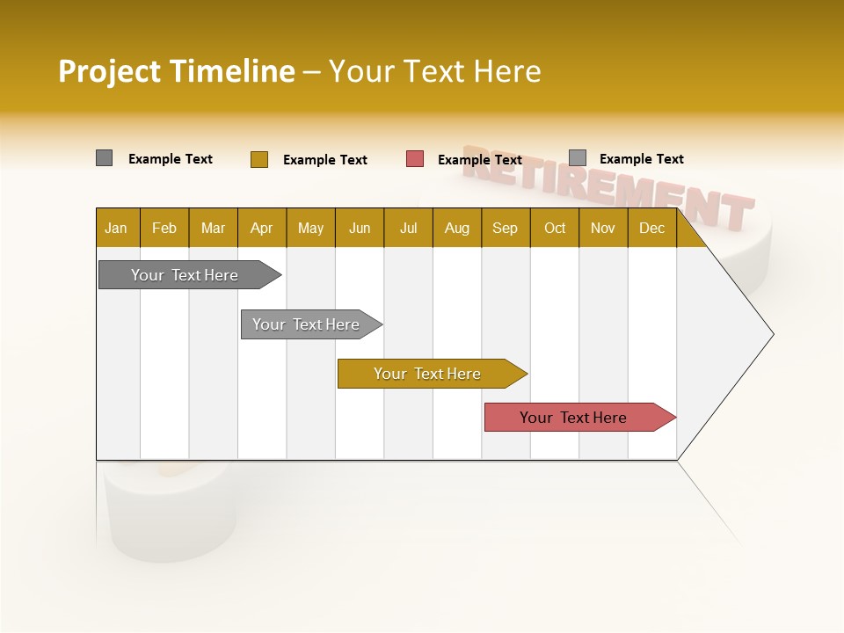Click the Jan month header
[116, 229]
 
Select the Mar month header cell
[213, 229]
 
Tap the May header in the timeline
[310, 229]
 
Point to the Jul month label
[408, 229]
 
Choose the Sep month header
[505, 229]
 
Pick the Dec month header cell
[651, 229]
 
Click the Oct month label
[555, 229]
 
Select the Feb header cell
[164, 229]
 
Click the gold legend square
[259, 159]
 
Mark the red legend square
[415, 159]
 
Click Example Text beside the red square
[480, 160]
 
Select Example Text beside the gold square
[325, 160]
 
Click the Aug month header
[456, 229]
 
